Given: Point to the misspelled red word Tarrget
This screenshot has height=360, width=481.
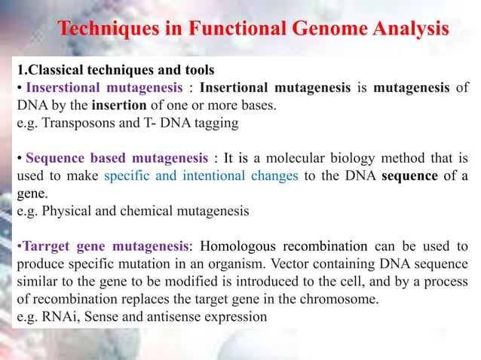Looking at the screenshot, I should coord(42,247).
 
